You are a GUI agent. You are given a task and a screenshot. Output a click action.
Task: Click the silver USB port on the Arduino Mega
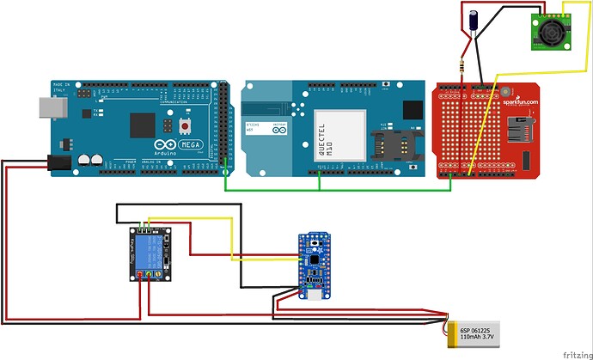coord(48,106)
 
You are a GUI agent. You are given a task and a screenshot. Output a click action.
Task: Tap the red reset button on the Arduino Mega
coord(186,126)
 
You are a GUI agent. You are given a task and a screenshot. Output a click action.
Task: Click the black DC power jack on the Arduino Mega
coord(58,160)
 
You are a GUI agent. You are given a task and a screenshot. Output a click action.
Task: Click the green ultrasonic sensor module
coord(549,33)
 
